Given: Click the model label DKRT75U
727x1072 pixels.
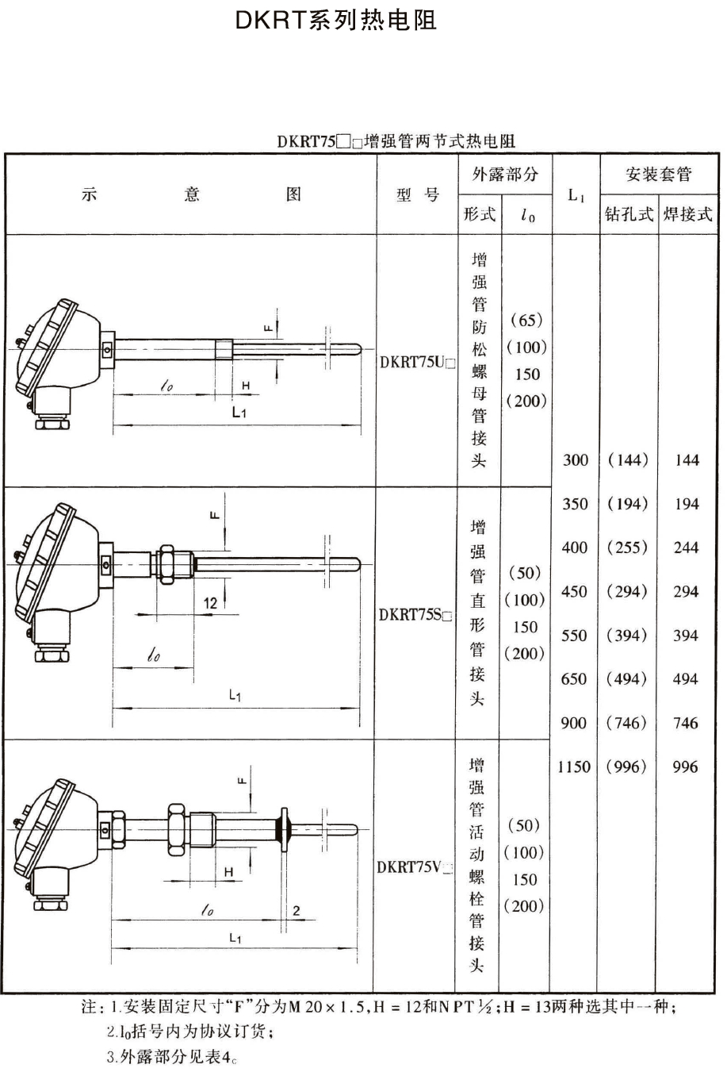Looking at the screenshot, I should [x=417, y=362].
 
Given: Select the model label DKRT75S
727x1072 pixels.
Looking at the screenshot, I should [x=416, y=614].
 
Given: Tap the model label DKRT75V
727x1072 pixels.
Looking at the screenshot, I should [x=415, y=866].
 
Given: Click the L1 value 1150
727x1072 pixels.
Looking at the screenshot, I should [x=574, y=767].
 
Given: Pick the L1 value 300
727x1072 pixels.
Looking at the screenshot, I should [x=576, y=459].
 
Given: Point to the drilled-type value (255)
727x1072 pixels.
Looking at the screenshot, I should [x=627, y=548].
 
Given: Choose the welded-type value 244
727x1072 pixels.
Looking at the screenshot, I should [x=686, y=548].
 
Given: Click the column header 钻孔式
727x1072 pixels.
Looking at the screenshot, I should [x=629, y=213].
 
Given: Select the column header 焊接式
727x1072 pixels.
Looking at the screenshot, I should [x=687, y=213].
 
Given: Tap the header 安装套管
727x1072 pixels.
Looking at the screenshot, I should [x=658, y=174].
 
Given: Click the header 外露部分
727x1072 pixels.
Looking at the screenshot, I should [x=504, y=174].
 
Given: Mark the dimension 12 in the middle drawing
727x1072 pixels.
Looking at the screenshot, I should [x=210, y=603].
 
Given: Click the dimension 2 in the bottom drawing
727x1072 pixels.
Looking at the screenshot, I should [x=296, y=910].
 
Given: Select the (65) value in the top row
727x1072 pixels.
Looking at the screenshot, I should [x=526, y=320].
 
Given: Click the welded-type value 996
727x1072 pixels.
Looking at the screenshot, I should [x=686, y=767].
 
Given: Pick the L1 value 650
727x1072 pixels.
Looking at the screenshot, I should [x=575, y=679].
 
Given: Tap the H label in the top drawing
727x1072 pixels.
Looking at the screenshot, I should [x=246, y=386].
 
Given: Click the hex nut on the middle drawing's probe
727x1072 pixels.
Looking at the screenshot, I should [x=167, y=563].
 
